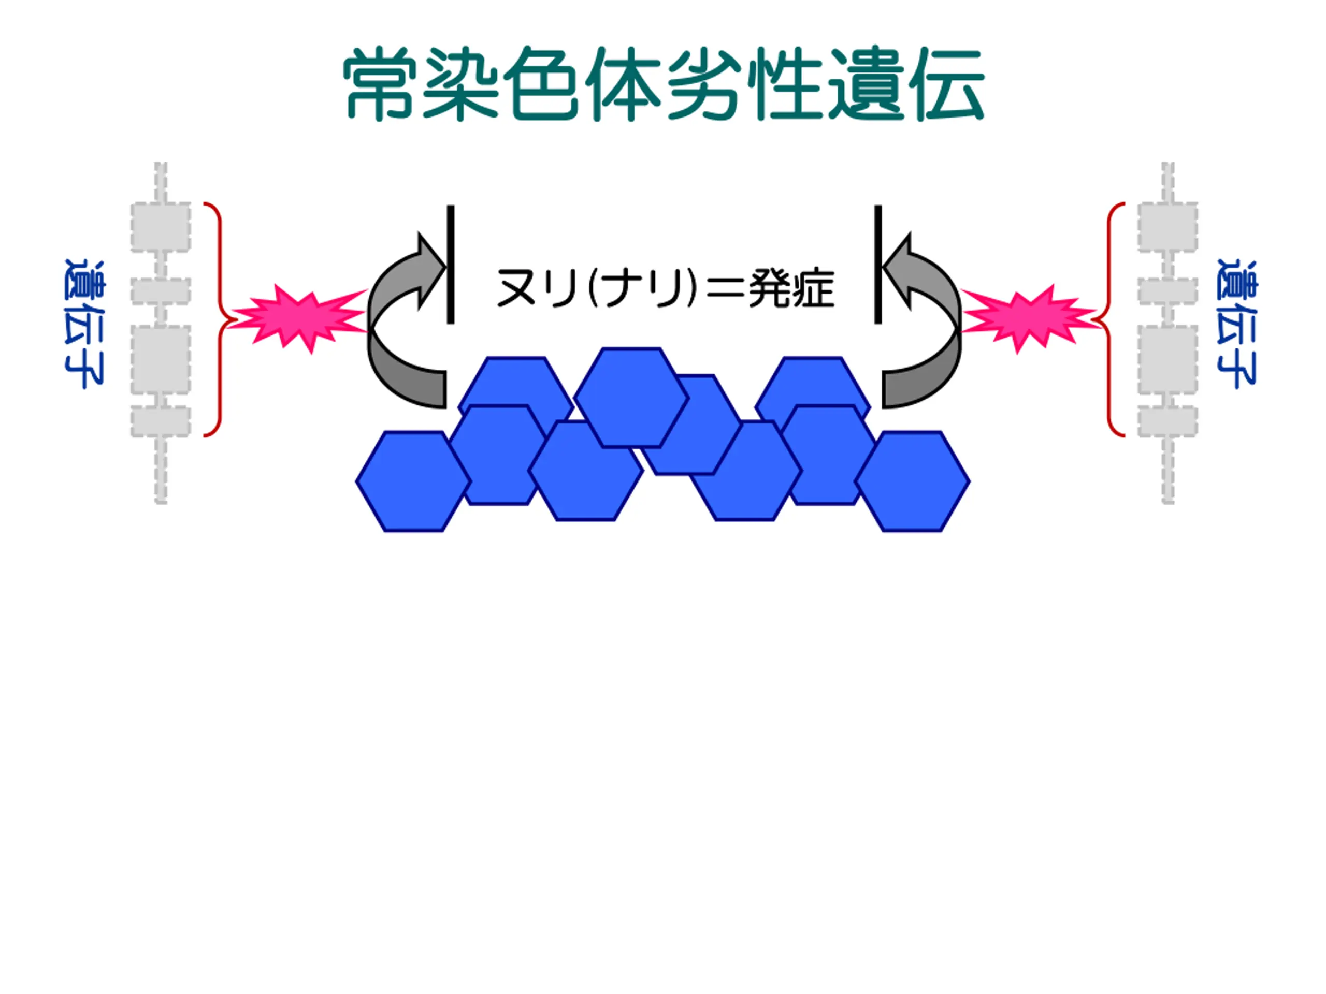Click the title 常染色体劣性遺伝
click(663, 84)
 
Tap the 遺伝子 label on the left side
click(84, 324)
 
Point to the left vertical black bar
click(450, 264)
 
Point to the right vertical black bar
click(877, 264)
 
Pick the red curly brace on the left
click(216, 319)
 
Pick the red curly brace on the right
click(1112, 319)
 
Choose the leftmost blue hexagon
click(413, 481)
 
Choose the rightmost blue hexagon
click(912, 481)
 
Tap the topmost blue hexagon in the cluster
click(631, 397)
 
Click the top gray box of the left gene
click(161, 226)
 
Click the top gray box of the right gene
click(1167, 226)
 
